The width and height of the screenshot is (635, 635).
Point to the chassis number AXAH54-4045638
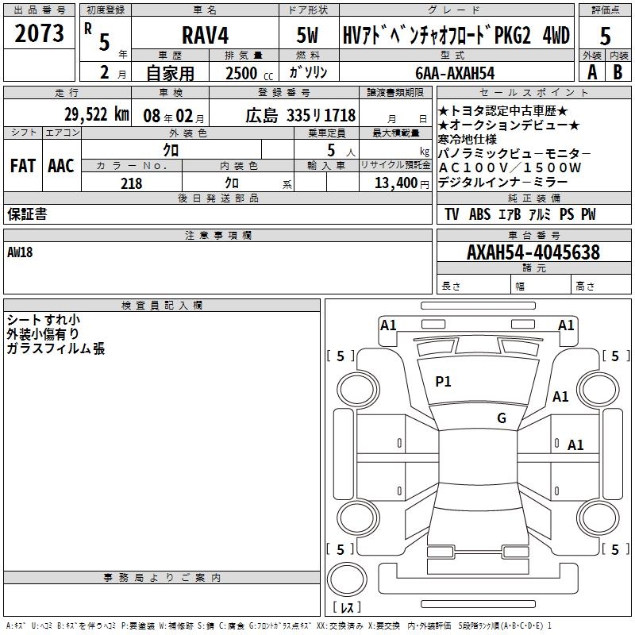pos(521,253)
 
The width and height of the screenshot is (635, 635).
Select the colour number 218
pos(131,183)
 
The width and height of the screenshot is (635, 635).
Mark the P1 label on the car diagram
pos(443,382)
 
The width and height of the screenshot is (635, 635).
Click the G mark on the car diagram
pos(502,418)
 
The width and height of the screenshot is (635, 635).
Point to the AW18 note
pos(21,252)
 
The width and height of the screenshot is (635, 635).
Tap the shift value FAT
pos(22,165)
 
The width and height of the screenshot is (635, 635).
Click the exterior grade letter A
pos(591,71)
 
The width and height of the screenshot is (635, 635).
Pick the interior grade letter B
pos(618,71)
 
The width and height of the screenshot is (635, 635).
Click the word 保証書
pos(27,214)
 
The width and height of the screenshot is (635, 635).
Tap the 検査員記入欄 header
pos(162,306)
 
